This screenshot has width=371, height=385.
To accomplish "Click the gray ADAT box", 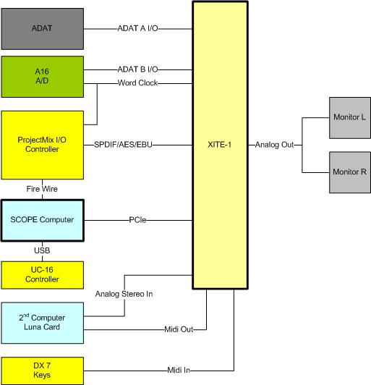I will pos(42,29).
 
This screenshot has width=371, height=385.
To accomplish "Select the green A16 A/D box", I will pos(42,76).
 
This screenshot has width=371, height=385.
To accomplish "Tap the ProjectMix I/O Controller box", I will pos(42,144).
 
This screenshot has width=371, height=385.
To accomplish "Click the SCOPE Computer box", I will pos(42,219).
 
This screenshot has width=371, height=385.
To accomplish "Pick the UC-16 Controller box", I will pos(42,274).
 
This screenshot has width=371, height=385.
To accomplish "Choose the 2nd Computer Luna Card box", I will pos(42,322).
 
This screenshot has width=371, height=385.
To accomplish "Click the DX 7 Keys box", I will pos(42,370).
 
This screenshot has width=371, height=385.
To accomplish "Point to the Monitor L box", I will pos(349,117).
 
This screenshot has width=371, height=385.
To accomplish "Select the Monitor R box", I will pos(349,172).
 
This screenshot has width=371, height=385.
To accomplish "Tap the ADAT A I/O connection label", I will pos(138,30).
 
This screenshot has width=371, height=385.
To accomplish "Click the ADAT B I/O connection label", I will pos(138,69).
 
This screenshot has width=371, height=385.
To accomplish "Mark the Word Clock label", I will pos(138,83).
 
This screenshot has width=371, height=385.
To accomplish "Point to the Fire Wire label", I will pos(42,189).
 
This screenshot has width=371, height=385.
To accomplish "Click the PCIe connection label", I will pos(138,220).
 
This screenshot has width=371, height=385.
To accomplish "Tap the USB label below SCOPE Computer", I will pos(42,250).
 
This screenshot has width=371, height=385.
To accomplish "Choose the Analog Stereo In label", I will pos(124,294).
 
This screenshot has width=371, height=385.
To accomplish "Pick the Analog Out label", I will pos(274,145).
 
